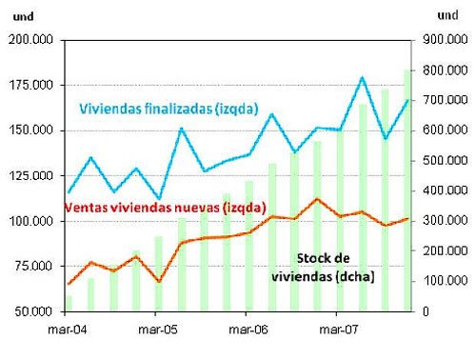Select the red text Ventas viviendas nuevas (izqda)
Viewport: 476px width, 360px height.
(163, 207)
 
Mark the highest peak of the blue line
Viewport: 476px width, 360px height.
(362, 77)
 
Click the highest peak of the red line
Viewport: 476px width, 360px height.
(316, 199)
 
